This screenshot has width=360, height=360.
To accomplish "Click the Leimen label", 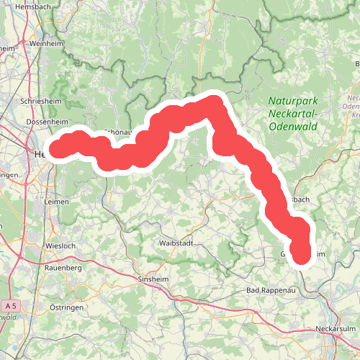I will pos(55,202).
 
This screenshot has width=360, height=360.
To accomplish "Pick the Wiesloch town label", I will pos(60,246).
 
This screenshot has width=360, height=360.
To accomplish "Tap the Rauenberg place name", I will pos(63,268).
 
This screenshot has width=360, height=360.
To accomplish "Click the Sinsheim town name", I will pos(153,279).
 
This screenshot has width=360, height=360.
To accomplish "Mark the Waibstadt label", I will pos(176,244).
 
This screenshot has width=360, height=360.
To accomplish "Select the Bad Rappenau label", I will pos(272,290).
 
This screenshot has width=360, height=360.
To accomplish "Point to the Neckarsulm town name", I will pos(336,330).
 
